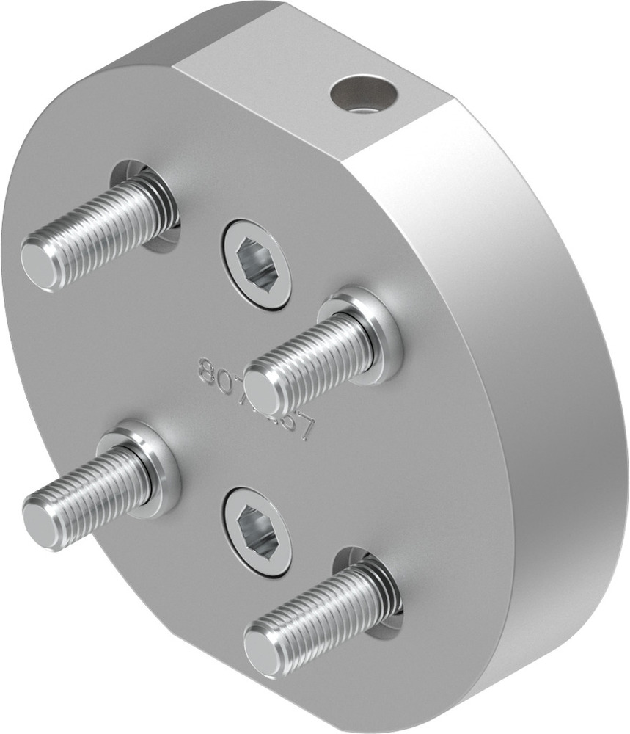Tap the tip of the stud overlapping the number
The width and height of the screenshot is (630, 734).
pyautogui.click(x=261, y=392)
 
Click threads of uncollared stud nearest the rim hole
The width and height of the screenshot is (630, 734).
pyautogui.click(x=103, y=228)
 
